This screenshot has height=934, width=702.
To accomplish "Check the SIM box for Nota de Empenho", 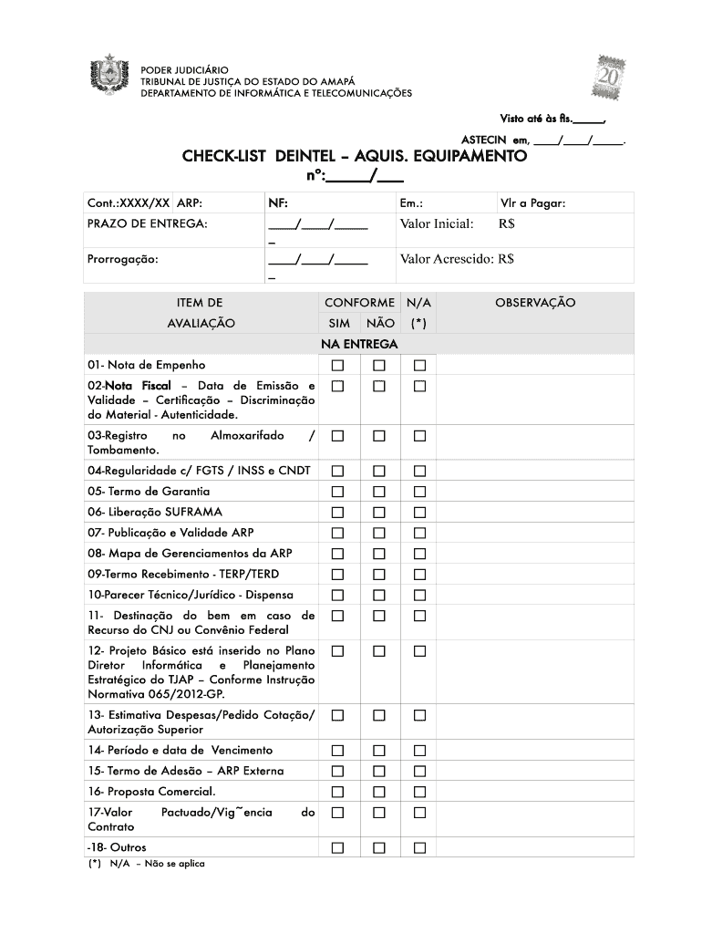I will [338, 366].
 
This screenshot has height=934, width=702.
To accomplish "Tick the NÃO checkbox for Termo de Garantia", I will [379, 492].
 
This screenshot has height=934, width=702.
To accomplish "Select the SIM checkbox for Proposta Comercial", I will [338, 792].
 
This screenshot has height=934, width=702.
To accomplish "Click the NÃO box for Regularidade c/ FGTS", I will [379, 471].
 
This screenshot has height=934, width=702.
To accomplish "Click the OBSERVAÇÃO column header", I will [535, 303].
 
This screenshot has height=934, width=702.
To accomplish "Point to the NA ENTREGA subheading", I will [359, 344].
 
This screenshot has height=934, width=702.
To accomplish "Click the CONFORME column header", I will [359, 303].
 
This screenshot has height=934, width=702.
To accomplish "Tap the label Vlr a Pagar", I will [532, 203].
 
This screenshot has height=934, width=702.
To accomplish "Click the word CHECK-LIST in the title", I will [224, 157].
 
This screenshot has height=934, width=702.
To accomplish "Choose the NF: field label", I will [278, 203].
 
